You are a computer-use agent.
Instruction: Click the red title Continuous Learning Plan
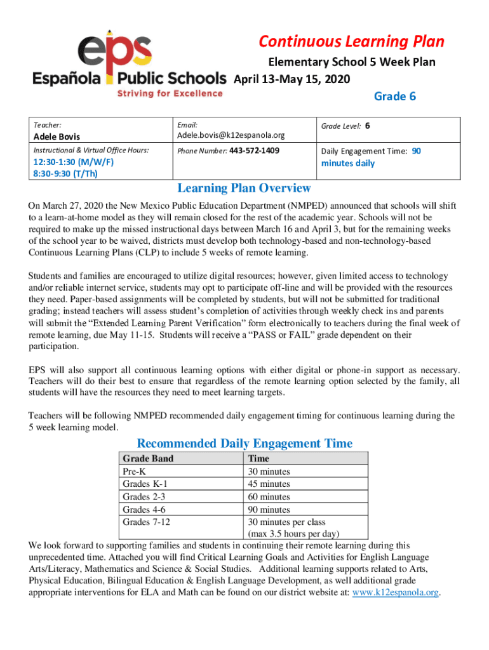point(351,42)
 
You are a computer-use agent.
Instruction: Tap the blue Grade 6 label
point(394,96)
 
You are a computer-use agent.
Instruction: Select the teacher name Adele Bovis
point(57,136)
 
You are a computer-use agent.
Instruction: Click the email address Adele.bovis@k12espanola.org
point(231,135)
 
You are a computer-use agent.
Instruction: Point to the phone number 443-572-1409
point(254,151)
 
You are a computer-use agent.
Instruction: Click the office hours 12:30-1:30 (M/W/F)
point(70,163)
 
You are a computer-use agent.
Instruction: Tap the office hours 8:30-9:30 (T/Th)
point(62,174)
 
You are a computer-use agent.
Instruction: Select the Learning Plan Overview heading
point(244,188)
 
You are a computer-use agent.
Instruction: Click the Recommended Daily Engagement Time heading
point(245,443)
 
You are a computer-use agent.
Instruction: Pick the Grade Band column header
point(148,458)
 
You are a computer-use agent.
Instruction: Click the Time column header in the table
point(259,458)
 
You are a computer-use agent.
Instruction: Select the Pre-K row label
point(134,472)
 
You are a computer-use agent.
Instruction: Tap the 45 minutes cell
point(269,484)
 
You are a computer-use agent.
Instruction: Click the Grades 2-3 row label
point(143,497)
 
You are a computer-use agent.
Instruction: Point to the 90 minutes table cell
point(269,510)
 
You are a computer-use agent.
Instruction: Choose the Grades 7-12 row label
point(145,522)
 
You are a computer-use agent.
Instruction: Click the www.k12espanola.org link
point(396,592)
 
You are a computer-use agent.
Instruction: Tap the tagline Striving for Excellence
point(169,93)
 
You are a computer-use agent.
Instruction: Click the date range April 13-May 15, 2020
point(292,80)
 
